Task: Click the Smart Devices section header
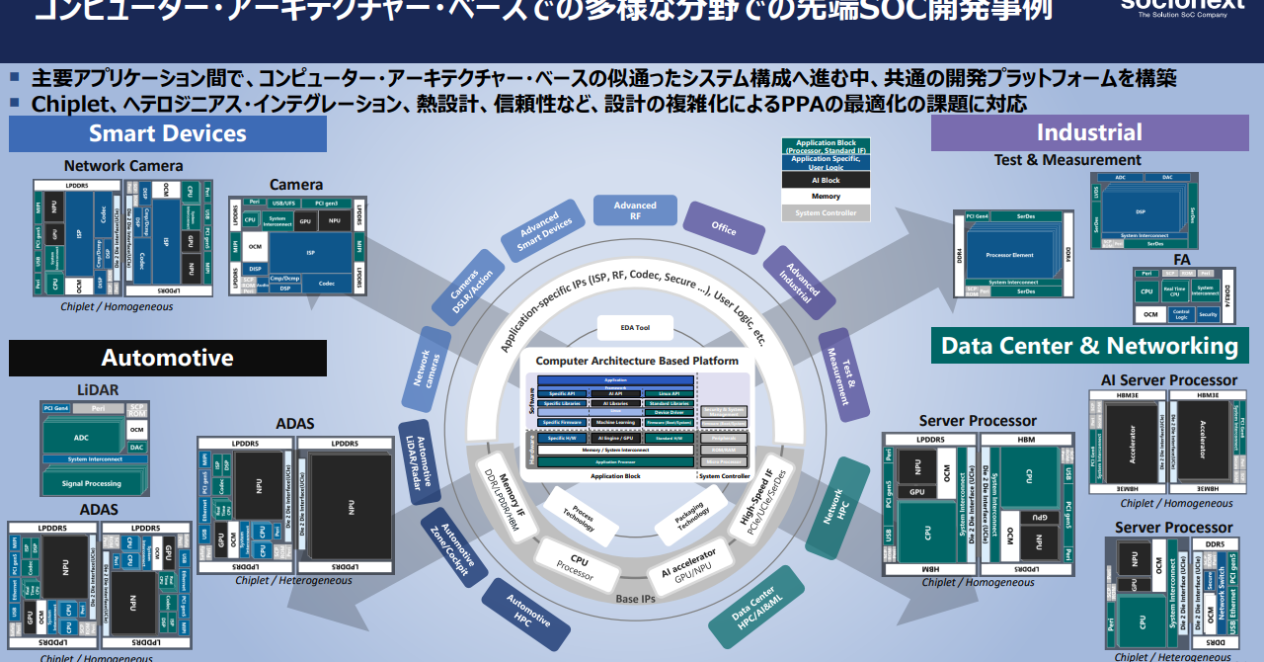tap(168, 133)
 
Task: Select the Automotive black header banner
tap(168, 358)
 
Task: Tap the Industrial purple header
tap(1089, 133)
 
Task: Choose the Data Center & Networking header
tap(1089, 346)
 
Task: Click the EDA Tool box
tap(635, 328)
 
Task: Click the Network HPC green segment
tap(836, 506)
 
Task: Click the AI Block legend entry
tap(826, 180)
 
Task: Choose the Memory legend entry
tap(826, 197)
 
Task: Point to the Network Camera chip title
tap(123, 166)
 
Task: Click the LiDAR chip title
tap(97, 390)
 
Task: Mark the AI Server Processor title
tap(1168, 380)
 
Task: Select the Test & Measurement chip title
tap(1067, 160)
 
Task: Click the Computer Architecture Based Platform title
tap(636, 362)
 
